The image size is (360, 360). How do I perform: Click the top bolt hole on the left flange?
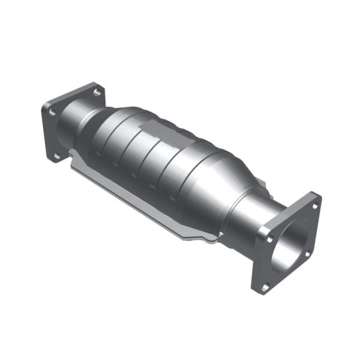click(95, 91)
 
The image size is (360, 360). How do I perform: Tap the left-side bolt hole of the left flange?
click(52, 112)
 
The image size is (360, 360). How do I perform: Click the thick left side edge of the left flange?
click(45, 132)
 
